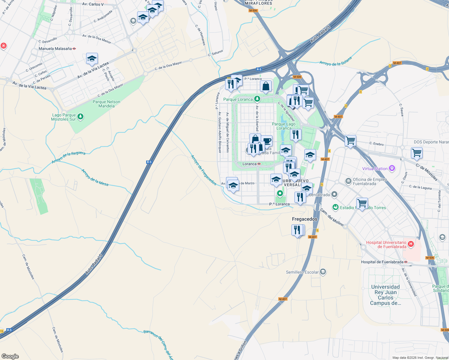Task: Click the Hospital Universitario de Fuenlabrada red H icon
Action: click(411, 244)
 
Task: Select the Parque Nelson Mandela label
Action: click(106, 104)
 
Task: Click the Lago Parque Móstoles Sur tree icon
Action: click(80, 117)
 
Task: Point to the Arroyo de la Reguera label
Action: click(68, 157)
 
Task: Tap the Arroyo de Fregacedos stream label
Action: click(203, 170)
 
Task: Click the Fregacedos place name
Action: click(304, 219)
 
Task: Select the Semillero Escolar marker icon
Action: click(323, 272)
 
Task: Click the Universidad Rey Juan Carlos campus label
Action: click(385, 295)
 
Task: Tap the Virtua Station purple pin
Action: click(392, 168)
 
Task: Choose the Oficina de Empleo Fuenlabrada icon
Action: click(348, 181)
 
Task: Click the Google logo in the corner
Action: click(10, 356)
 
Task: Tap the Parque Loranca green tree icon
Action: click(257, 99)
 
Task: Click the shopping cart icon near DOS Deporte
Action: click(417, 153)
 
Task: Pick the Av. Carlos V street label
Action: click(93, 4)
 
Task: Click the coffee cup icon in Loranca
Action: click(267, 140)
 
